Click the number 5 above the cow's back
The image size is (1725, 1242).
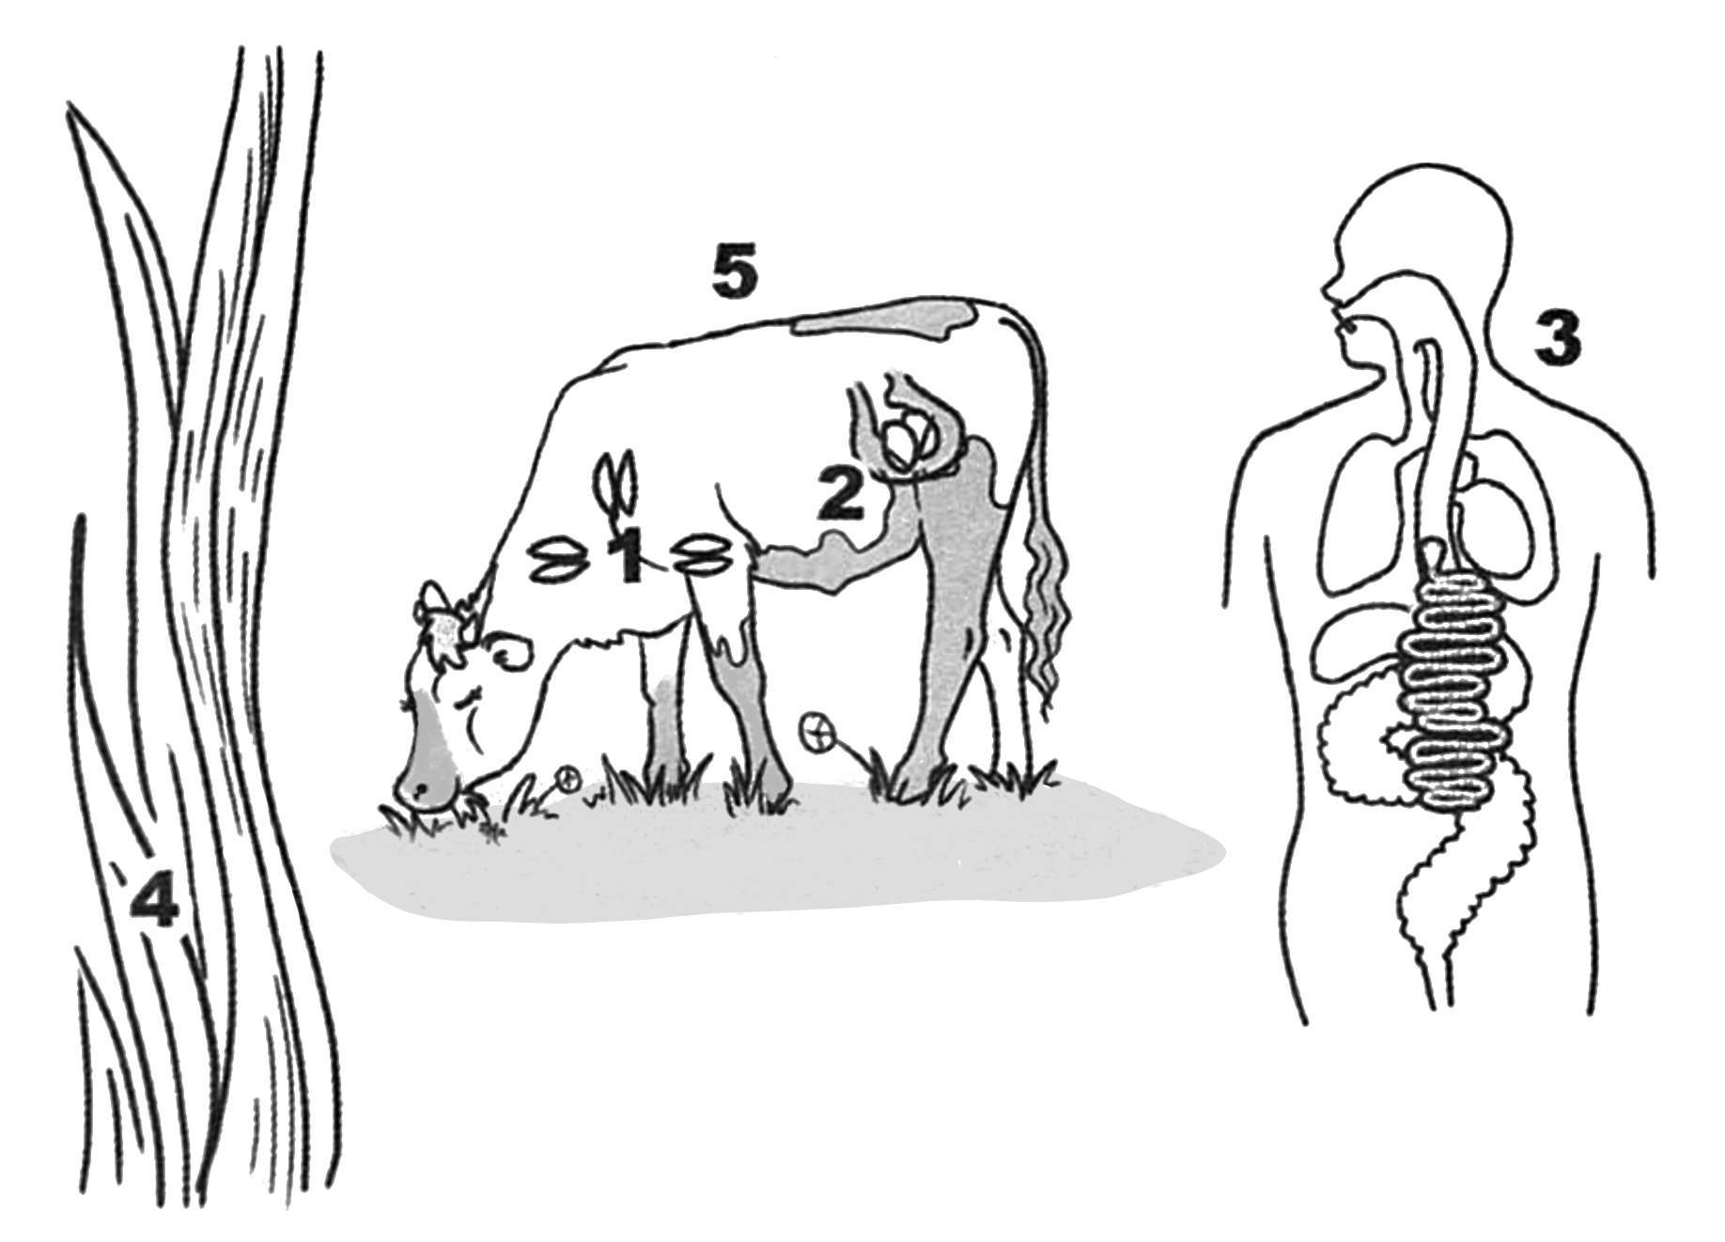[733, 274]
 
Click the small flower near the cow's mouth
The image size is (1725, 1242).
[567, 778]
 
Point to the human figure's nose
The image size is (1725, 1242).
[1332, 291]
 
